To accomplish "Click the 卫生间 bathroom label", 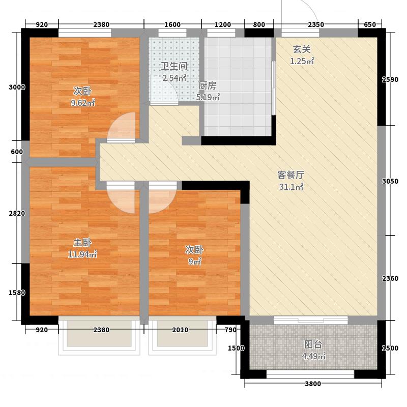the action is (173, 66).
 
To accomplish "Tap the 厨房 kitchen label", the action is (207, 85).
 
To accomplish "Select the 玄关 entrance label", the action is (302, 49).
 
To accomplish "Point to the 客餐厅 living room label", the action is (290, 175).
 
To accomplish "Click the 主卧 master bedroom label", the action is (82, 243).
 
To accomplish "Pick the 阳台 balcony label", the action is (313, 344).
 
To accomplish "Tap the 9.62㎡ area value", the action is (82, 103).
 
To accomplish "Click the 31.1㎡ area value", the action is (291, 187).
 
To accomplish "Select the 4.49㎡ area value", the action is (313, 356).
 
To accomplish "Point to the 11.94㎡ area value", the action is (82, 254).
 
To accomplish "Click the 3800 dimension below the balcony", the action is (313, 384).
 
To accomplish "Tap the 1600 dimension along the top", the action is (172, 24).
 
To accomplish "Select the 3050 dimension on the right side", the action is (390, 181).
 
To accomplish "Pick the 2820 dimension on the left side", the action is (17, 213).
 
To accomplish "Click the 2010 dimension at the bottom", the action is (180, 330).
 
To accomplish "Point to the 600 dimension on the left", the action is (17, 152).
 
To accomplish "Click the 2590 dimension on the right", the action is (390, 80).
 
